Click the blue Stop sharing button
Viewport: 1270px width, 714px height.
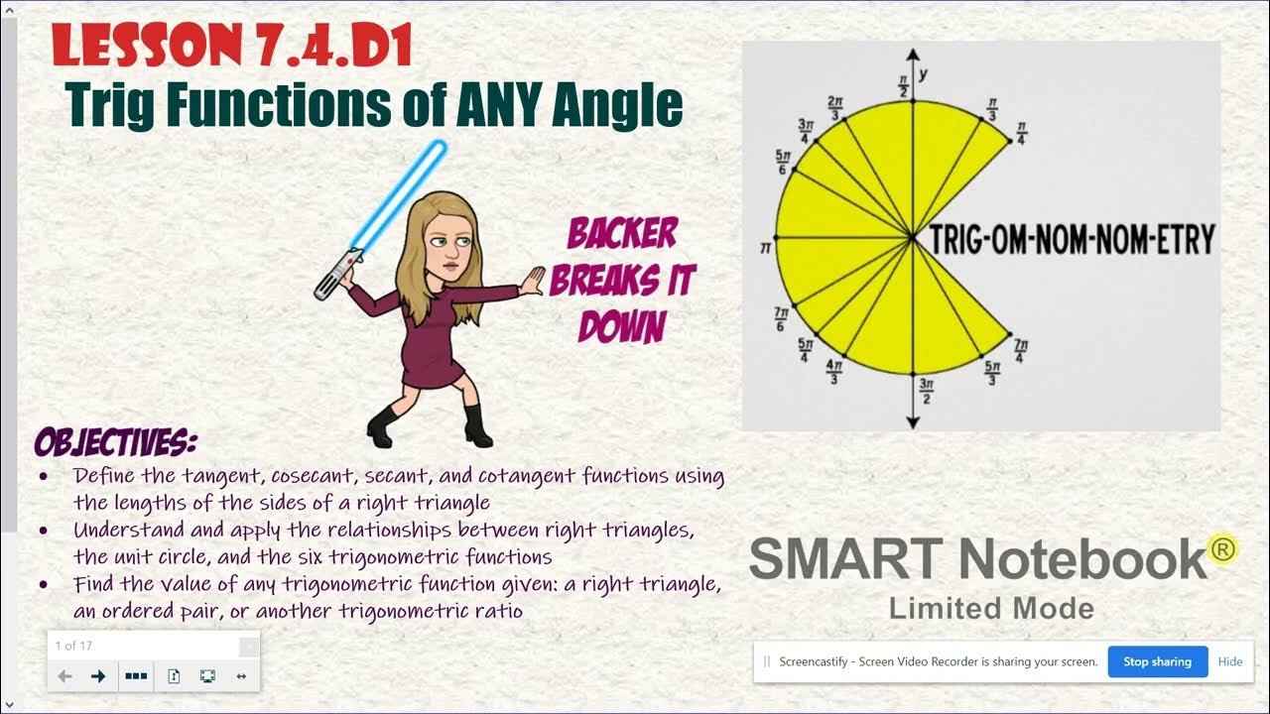click(1157, 661)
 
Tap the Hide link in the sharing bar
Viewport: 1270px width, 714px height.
click(1230, 661)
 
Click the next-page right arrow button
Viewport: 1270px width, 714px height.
click(98, 676)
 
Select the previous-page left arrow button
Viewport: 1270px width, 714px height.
click(65, 676)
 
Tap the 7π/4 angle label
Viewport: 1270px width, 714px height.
click(1020, 349)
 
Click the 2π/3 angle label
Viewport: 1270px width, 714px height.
click(835, 107)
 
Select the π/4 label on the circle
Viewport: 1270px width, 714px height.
click(1021, 133)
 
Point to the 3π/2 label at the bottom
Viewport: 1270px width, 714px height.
click(926, 392)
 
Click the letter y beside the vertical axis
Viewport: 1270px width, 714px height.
click(924, 74)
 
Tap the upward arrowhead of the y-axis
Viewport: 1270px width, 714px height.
click(912, 56)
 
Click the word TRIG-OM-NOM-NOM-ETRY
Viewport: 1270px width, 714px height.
click(1072, 239)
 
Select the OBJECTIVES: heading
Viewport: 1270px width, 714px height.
click(115, 441)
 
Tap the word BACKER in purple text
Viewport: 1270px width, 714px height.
click(622, 235)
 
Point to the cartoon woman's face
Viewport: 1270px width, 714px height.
click(444, 243)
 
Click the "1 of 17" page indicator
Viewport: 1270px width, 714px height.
click(73, 646)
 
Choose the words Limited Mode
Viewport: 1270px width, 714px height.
click(991, 608)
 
